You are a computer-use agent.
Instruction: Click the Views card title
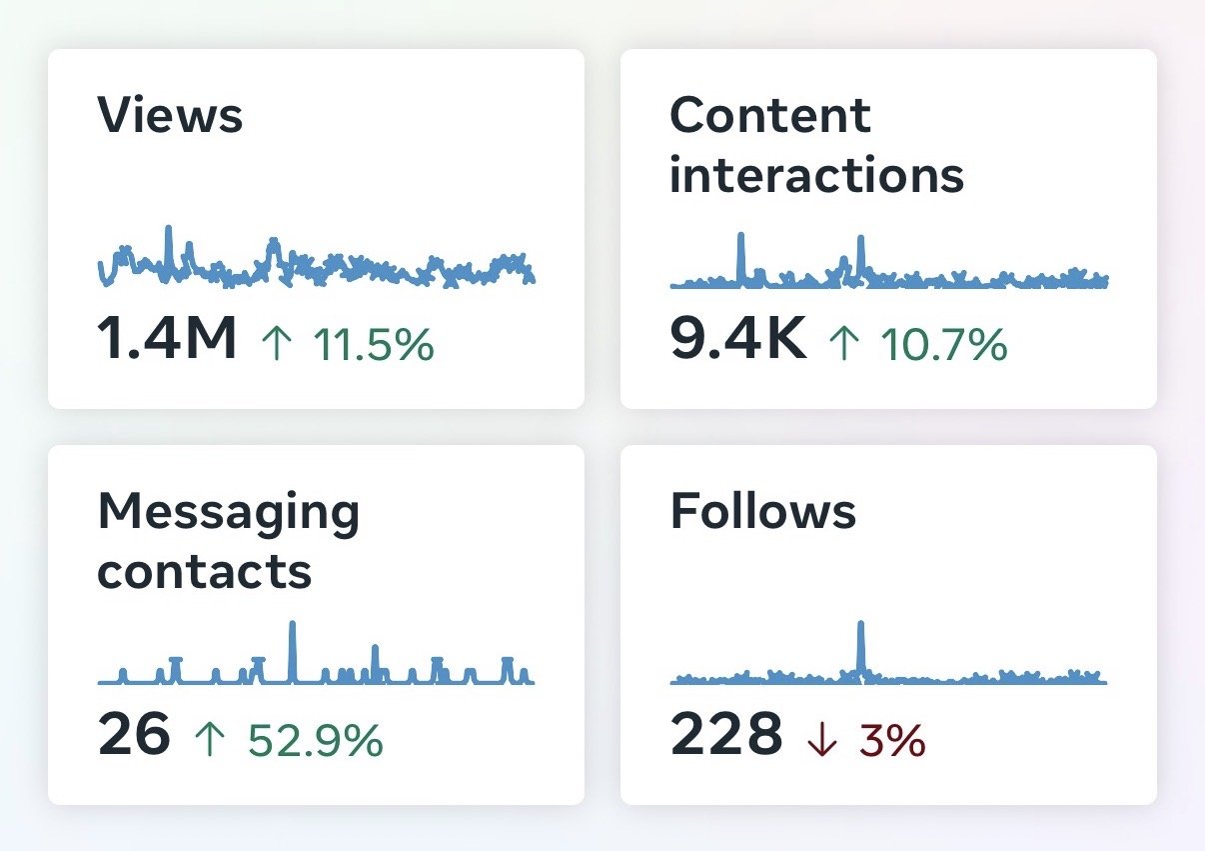pyautogui.click(x=170, y=114)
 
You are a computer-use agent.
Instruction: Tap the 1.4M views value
pyautogui.click(x=167, y=338)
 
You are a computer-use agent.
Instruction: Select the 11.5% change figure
pyautogui.click(x=374, y=344)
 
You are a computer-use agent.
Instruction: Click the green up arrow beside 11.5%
pyautogui.click(x=277, y=343)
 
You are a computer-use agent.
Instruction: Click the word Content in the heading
pyautogui.click(x=770, y=115)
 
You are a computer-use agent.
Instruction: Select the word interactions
pyautogui.click(x=817, y=174)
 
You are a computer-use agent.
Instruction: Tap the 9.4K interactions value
pyautogui.click(x=738, y=338)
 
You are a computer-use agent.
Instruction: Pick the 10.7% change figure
pyautogui.click(x=944, y=344)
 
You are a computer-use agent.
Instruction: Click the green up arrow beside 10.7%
pyautogui.click(x=843, y=343)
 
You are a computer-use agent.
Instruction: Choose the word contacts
pyautogui.click(x=205, y=572)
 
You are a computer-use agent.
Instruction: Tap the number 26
pyautogui.click(x=134, y=733)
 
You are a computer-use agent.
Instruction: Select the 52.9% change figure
pyautogui.click(x=316, y=741)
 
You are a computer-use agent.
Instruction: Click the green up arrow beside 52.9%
pyautogui.click(x=209, y=740)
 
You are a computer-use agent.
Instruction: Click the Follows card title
pyautogui.click(x=763, y=511)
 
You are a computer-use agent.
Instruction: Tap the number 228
pyautogui.click(x=726, y=733)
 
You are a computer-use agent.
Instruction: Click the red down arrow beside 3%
pyautogui.click(x=822, y=741)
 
